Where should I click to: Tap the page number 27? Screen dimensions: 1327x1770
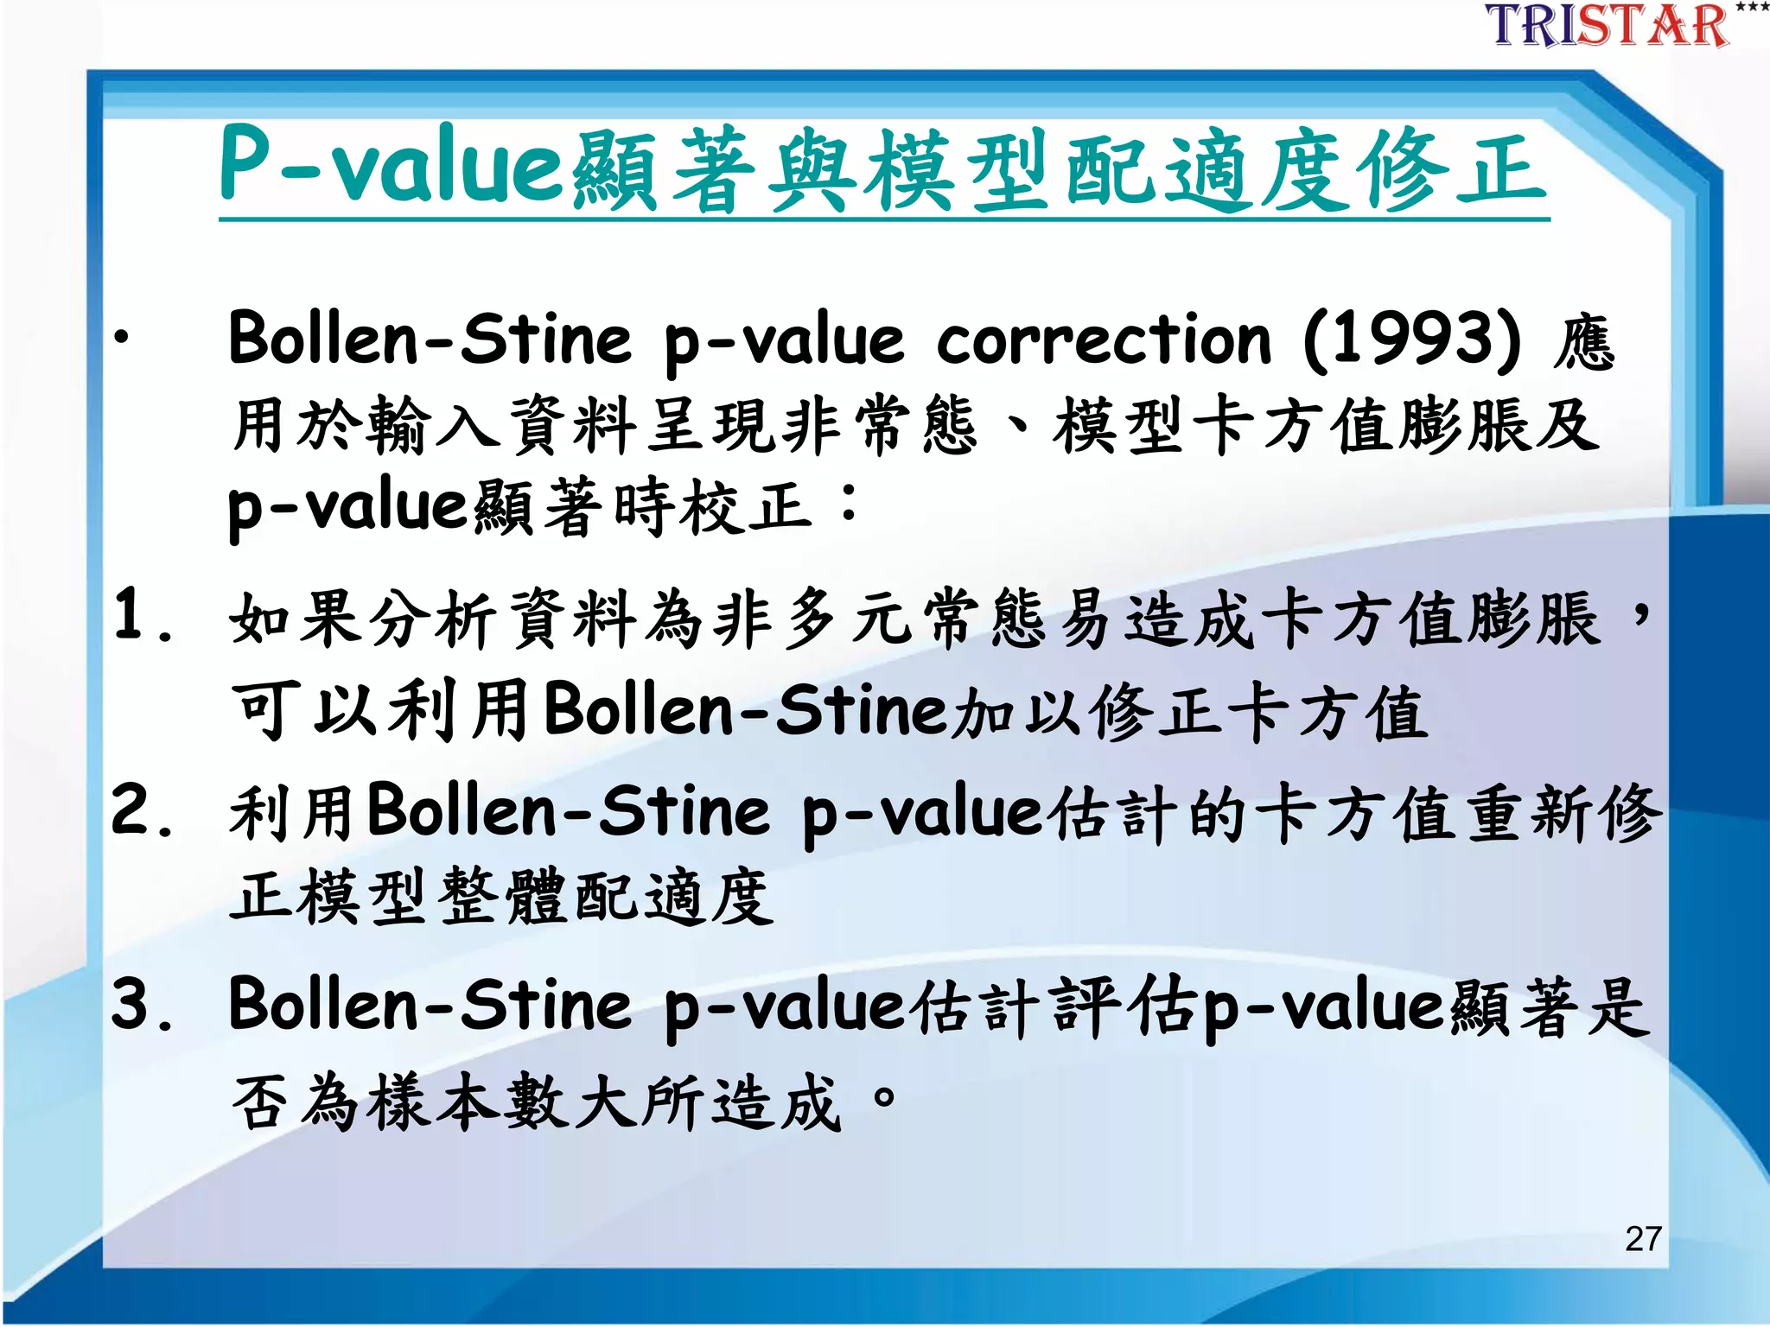coord(1643,1239)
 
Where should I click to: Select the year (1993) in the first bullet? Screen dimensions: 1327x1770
coord(1411,339)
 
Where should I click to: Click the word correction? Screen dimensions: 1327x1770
coord(1104,339)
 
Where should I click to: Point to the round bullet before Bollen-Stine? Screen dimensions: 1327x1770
coord(123,338)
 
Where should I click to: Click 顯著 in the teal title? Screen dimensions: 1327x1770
coord(665,171)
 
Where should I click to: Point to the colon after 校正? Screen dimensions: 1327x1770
coord(850,503)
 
